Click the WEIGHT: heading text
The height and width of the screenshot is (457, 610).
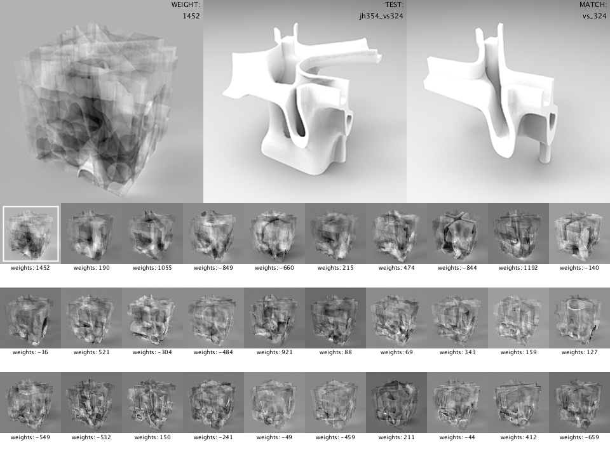[186, 4]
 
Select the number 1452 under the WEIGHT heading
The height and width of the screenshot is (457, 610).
[191, 16]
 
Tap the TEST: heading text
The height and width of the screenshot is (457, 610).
[394, 4]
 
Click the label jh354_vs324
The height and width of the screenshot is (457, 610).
[381, 16]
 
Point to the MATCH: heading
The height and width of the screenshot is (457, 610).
[593, 4]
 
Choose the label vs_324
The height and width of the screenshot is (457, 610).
[595, 16]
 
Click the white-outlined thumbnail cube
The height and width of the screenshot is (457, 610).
[30, 234]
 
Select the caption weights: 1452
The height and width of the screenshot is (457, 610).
[30, 268]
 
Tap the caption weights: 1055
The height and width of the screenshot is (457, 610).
[152, 268]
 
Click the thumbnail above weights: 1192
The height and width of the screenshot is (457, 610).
[518, 234]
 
